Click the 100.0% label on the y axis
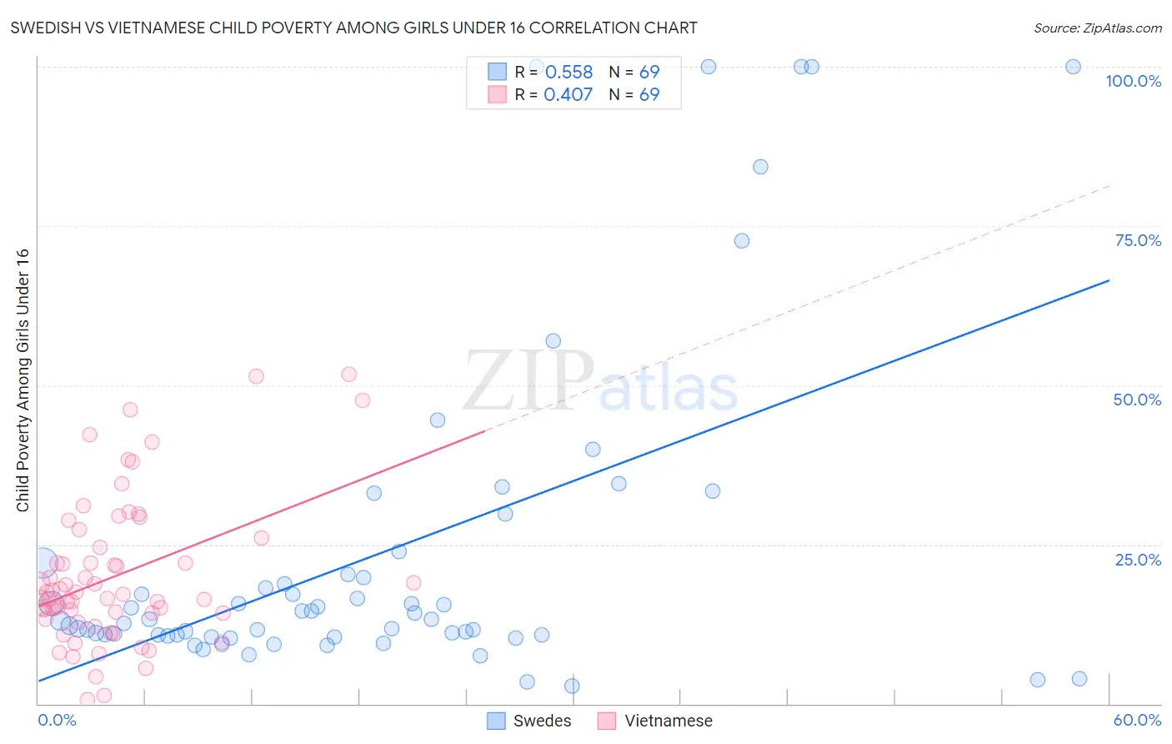pyautogui.click(x=1133, y=81)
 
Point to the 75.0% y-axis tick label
pyautogui.click(x=1138, y=240)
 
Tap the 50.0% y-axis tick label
pyautogui.click(x=1137, y=400)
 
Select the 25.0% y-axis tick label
pyautogui.click(x=1138, y=559)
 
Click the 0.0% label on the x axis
pyautogui.click(x=57, y=720)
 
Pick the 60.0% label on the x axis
pyautogui.click(x=1137, y=720)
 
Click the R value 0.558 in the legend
pyautogui.click(x=568, y=73)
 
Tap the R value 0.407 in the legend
pyautogui.click(x=568, y=95)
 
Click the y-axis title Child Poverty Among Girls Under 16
pyautogui.click(x=23, y=380)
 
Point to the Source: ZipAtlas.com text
pyautogui.click(x=1097, y=28)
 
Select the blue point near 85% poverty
pyautogui.click(x=760, y=167)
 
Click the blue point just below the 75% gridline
pyautogui.click(x=742, y=241)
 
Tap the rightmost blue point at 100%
pyautogui.click(x=1074, y=67)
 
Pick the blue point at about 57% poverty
pyautogui.click(x=553, y=341)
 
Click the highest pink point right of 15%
pyautogui.click(x=348, y=375)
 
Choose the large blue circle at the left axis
pyautogui.click(x=44, y=563)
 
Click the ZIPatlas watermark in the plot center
pyautogui.click(x=600, y=383)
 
